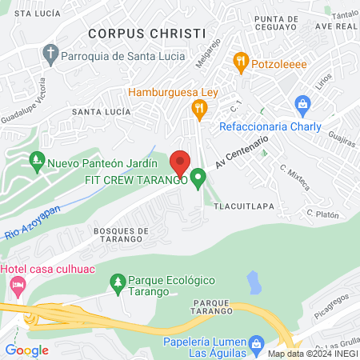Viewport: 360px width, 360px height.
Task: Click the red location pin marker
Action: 180,162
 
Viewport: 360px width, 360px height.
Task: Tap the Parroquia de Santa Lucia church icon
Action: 50,55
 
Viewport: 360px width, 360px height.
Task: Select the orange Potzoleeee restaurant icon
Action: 240,60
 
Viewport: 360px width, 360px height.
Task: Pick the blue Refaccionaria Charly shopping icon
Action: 302,104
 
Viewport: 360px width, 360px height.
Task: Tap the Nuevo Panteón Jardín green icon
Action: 35,162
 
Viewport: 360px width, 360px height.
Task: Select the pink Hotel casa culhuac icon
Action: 15,284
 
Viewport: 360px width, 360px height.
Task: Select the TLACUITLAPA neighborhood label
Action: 245,205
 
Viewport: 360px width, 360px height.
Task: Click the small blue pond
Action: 254,282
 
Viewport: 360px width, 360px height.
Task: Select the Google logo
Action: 26,350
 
